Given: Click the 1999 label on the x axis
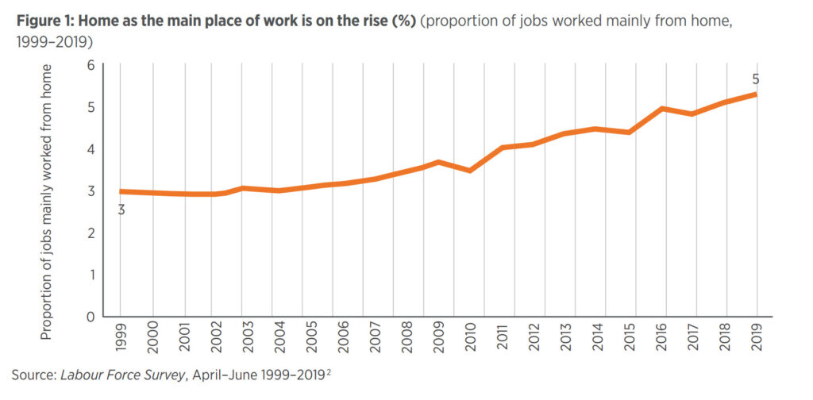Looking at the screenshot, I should pyautogui.click(x=121, y=336).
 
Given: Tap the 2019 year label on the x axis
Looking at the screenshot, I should pyautogui.click(x=756, y=336).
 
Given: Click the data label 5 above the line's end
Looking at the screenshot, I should pyautogui.click(x=755, y=79).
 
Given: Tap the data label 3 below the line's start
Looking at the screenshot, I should pyautogui.click(x=121, y=210).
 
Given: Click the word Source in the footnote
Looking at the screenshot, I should pyautogui.click(x=32, y=374).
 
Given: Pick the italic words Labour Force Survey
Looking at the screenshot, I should pyautogui.click(x=121, y=374).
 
